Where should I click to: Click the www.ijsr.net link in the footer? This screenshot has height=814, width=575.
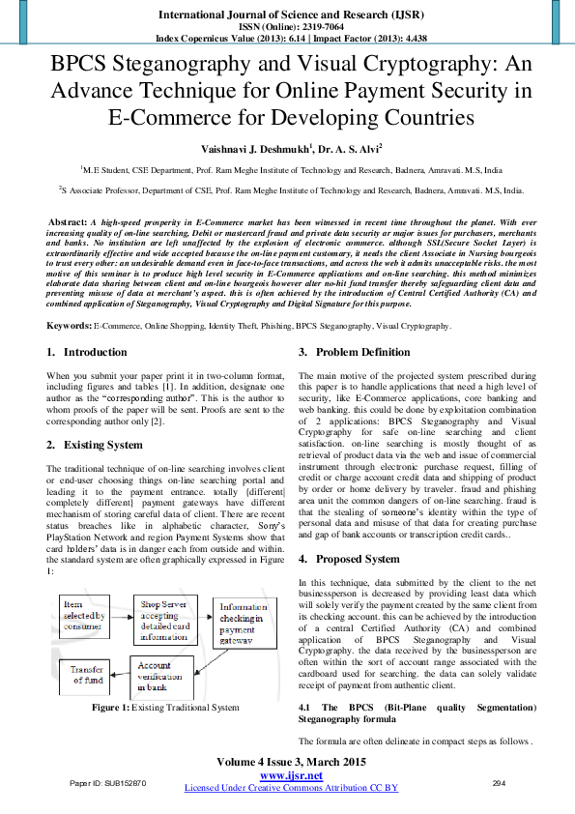[291, 775]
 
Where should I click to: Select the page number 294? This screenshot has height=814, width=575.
[500, 782]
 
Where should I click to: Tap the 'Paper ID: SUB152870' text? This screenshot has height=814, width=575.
[109, 782]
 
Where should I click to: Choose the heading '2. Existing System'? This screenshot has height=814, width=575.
[94, 445]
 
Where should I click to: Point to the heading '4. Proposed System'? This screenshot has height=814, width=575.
[348, 559]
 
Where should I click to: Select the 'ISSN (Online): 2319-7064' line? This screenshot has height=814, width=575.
[287, 28]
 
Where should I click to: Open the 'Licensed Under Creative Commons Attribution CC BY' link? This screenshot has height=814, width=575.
[291, 788]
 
